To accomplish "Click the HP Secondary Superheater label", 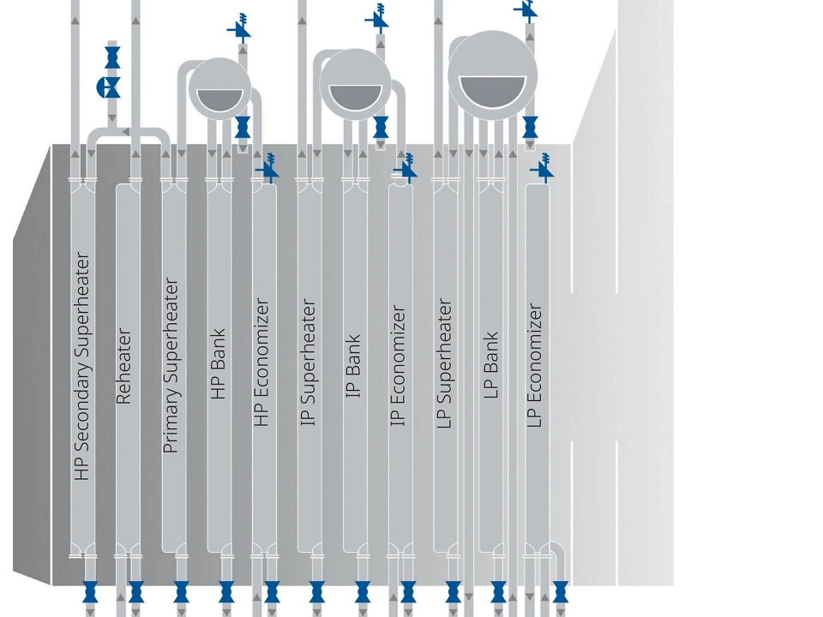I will [82, 365].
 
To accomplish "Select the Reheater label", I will [123, 365].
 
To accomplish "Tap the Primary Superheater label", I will [171, 365].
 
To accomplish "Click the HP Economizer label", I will [262, 362].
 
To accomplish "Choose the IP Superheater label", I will [309, 362].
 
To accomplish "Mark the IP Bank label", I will [353, 366].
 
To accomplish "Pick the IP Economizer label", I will [398, 366].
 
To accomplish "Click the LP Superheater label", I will [444, 363].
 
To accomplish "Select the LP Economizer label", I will [535, 365].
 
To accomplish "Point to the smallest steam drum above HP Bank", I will [219, 87].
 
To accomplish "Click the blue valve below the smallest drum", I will [243, 127].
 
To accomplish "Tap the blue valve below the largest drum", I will [530, 127].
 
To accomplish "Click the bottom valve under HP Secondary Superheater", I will [90, 591].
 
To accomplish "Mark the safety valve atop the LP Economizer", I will [542, 170].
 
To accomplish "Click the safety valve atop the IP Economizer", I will [405, 169].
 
